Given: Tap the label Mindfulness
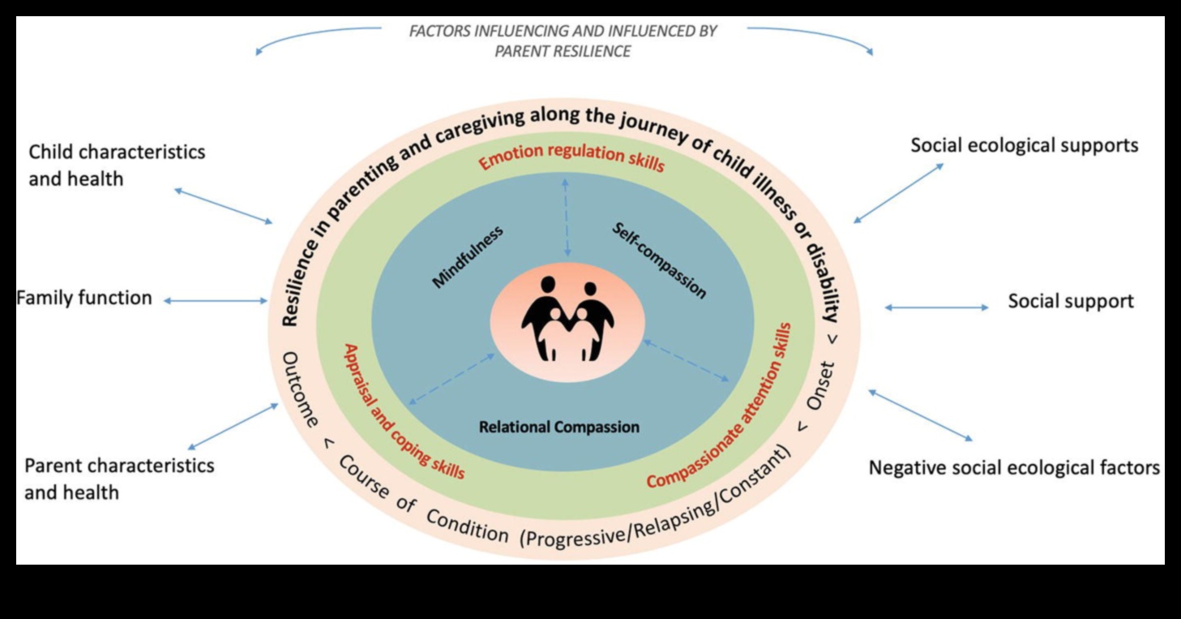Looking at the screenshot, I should point(468,256).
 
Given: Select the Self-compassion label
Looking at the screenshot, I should point(658,260).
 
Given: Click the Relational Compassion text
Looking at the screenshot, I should point(558,427).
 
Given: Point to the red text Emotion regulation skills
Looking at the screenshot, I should point(571,157).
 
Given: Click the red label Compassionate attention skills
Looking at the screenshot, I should point(720,406).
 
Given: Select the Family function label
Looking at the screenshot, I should point(84,299).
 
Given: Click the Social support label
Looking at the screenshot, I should point(1070,302).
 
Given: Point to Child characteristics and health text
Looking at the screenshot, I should point(116,165).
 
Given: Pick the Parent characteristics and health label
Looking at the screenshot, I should point(118,479).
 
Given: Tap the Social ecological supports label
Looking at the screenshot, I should point(1024,146).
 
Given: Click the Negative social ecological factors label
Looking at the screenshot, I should point(1013,468).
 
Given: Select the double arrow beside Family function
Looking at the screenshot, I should point(216,300).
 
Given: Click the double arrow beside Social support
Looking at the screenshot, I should point(936,307).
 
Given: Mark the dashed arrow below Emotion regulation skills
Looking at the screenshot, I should point(566,217).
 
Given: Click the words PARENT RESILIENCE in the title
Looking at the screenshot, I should point(563,51).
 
